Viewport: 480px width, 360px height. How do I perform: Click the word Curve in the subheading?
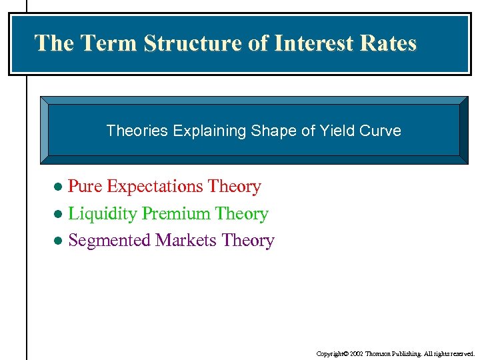[378, 131]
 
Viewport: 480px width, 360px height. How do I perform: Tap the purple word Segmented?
[109, 241]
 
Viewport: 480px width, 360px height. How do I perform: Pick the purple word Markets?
[186, 241]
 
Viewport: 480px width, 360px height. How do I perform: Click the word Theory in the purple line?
[248, 241]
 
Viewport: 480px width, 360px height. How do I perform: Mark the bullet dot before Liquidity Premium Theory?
[58, 215]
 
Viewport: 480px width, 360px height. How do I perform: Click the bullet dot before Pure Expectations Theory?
[58, 187]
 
